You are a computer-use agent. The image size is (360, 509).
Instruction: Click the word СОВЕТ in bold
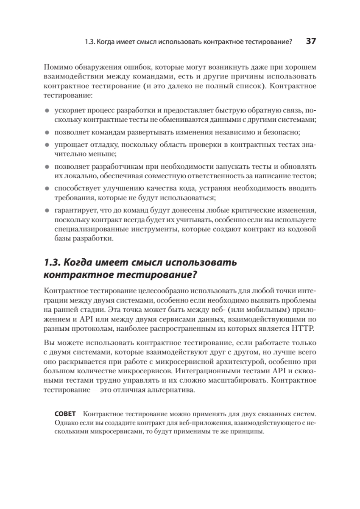click(67, 413)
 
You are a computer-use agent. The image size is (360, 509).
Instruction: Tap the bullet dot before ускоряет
click(47, 109)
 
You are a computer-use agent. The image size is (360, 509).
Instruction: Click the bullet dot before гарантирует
click(47, 210)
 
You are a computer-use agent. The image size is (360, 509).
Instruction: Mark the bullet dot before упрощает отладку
click(47, 145)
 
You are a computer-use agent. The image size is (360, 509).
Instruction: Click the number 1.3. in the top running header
click(92, 42)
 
